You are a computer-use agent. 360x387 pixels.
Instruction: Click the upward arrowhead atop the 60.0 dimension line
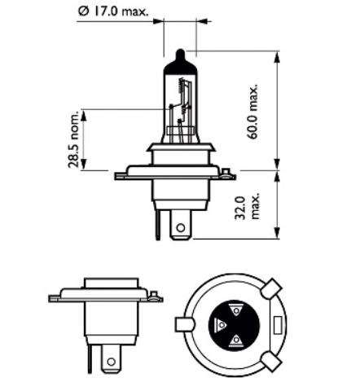pyautogui.click(x=277, y=54)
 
